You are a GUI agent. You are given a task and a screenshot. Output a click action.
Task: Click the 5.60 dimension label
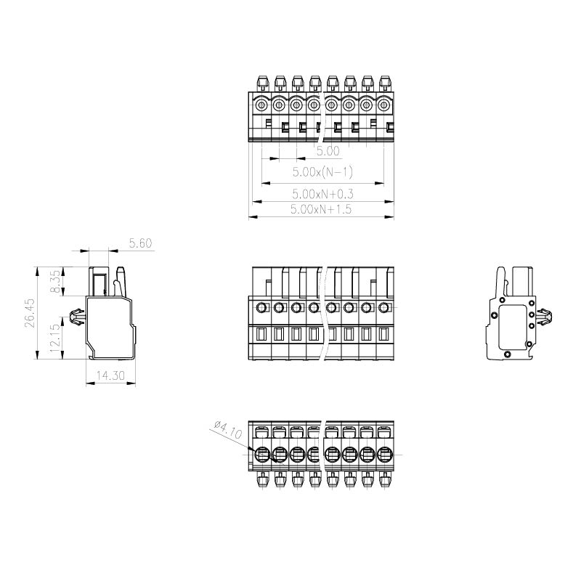coord(140,243)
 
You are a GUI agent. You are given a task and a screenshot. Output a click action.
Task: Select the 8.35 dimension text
coord(55,281)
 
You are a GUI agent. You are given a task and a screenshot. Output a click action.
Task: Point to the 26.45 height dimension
coord(30,313)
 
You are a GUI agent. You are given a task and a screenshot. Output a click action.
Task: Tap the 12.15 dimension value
coord(54,338)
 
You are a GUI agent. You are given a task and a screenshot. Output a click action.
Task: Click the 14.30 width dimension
coord(110,375)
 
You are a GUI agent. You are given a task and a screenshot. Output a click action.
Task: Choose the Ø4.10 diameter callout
coord(228,429)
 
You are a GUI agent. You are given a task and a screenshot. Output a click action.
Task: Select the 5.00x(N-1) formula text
coord(322,172)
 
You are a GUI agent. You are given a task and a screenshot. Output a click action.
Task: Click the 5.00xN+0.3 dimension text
coord(322,194)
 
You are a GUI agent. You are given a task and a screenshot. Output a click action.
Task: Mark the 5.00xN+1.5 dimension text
coord(321,209)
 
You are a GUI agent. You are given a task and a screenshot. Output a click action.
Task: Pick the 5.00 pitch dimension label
coord(328,151)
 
